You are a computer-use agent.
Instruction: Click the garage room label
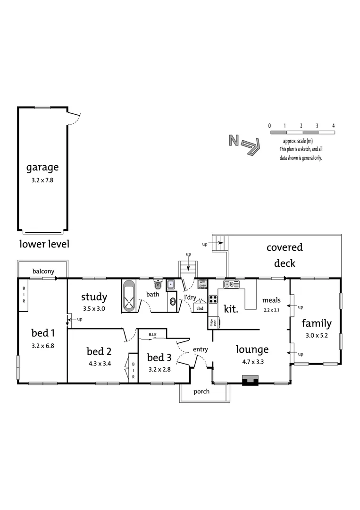42,167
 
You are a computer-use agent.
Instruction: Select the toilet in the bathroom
158,285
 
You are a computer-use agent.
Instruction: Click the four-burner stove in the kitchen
213,299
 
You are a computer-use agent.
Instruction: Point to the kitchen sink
232,284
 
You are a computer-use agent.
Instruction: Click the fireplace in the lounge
250,380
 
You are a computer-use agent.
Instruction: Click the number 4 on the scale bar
333,126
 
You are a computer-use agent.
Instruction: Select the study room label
94,297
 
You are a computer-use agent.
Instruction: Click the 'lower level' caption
44,244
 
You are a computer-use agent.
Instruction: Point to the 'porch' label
201,391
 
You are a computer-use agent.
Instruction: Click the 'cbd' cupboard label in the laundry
200,308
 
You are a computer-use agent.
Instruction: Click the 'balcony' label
43,271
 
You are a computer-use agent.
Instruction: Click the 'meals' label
271,300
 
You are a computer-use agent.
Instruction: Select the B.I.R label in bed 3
152,335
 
